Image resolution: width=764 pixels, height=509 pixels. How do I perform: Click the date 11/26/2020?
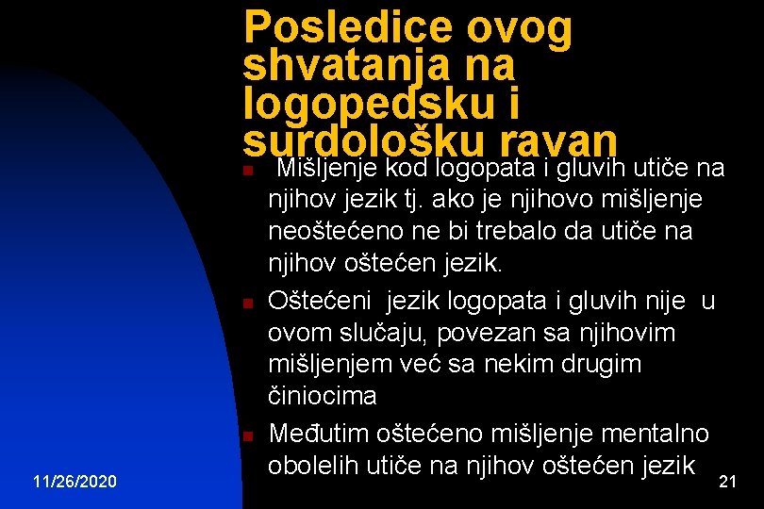tap(75, 482)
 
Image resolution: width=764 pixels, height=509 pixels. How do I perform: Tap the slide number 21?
tap(727, 482)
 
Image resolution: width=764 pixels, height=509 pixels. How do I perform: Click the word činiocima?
tap(323, 396)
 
